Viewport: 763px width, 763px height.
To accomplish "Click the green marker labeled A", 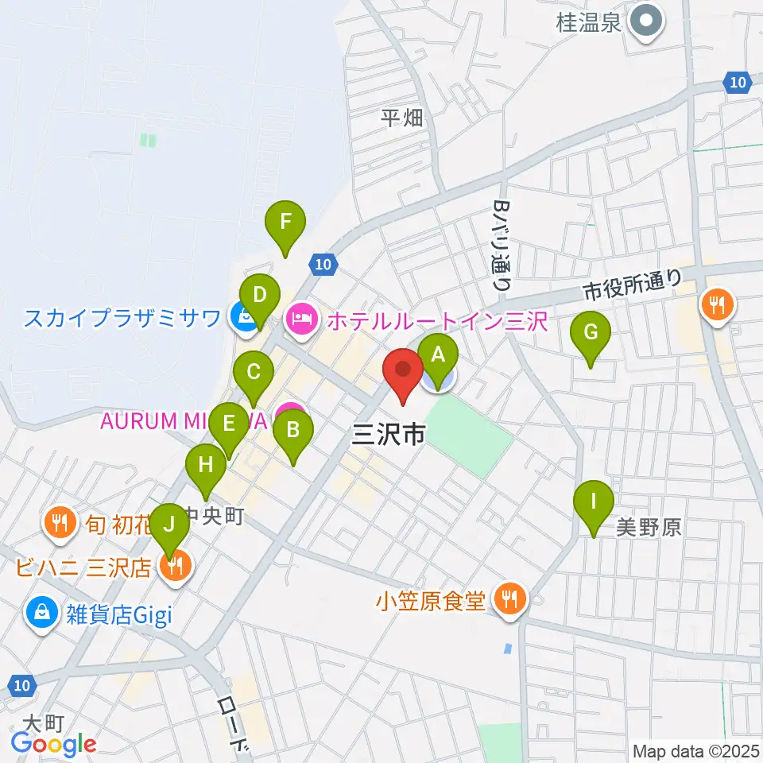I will [x=438, y=354].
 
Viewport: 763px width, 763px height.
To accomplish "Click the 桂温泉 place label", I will [x=588, y=23].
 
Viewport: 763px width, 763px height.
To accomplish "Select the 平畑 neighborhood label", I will [x=402, y=118].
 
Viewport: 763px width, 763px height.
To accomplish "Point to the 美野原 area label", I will [x=649, y=527].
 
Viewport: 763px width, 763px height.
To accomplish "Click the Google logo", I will [x=53, y=744].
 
